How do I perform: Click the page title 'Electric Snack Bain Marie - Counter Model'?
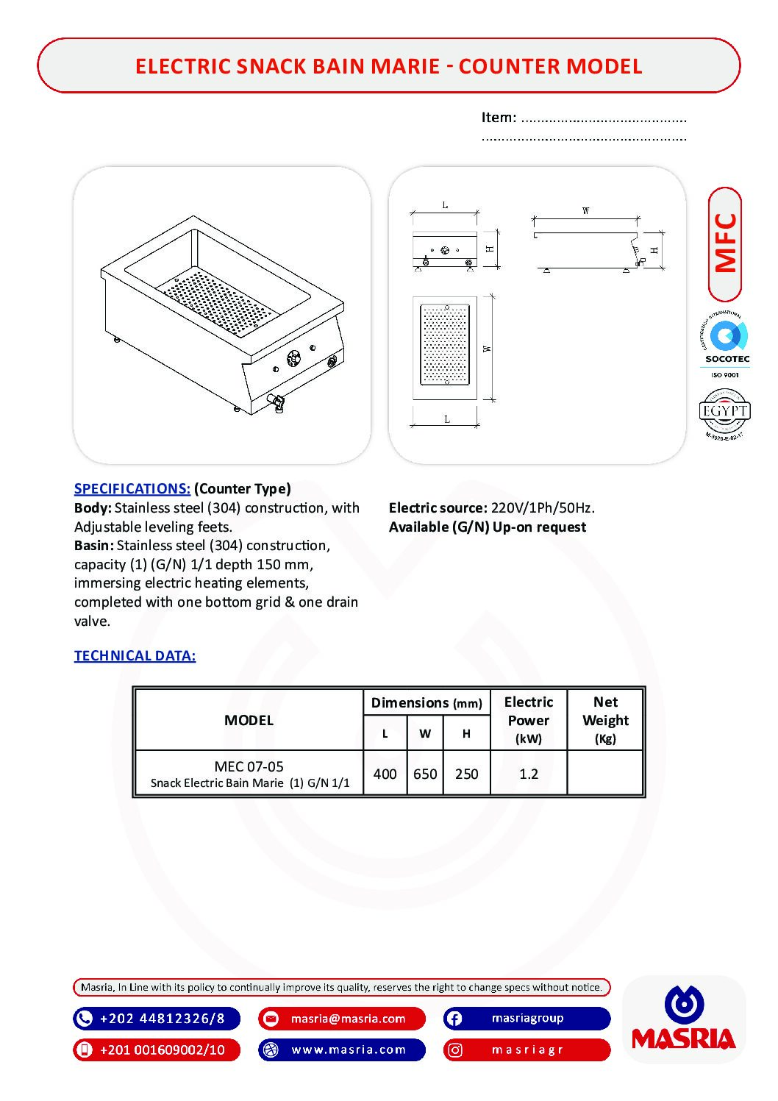pos(388,66)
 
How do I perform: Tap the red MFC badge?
pos(725,244)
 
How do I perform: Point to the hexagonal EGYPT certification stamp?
pos(724,413)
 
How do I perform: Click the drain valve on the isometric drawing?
pos(279,402)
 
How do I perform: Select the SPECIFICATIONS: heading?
pos(132,489)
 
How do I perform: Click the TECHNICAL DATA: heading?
pos(135,656)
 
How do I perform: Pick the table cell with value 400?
pos(385,774)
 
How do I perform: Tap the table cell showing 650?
pos(425,774)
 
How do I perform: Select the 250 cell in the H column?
pos(466,774)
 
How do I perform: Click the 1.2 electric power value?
pos(528,774)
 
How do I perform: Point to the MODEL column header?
pos(249,721)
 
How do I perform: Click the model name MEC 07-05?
pos(249,766)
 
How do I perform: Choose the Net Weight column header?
pos(605,719)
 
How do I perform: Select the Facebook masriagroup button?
pos(527,1019)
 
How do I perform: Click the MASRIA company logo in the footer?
pos(684,1019)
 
